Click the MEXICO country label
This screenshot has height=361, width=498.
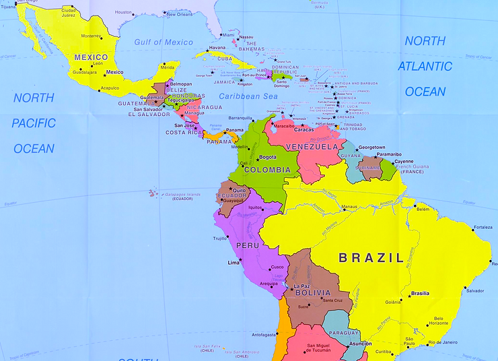[x=91, y=57]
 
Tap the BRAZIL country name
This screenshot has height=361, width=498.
[x=371, y=257]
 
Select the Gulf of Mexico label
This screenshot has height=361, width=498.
[x=164, y=42]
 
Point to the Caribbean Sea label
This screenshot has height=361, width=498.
[x=248, y=96]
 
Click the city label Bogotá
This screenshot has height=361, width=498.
[x=268, y=157]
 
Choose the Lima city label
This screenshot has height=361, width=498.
[x=234, y=262]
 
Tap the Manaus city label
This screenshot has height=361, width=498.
[x=349, y=207]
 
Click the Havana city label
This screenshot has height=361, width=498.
[x=217, y=48]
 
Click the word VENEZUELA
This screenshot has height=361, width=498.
[x=312, y=146]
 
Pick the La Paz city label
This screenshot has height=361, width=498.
[x=302, y=286]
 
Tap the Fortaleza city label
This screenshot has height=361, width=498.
[x=483, y=227]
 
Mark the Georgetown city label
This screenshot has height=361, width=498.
[x=371, y=147]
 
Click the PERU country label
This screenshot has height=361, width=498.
[x=247, y=246]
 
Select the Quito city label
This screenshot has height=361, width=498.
[x=239, y=190]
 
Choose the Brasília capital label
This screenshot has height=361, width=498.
[x=420, y=293]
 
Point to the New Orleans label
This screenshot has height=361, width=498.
[x=180, y=14]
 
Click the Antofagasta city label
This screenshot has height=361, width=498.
[x=264, y=334]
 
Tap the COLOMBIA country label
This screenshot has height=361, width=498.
[x=267, y=170]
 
